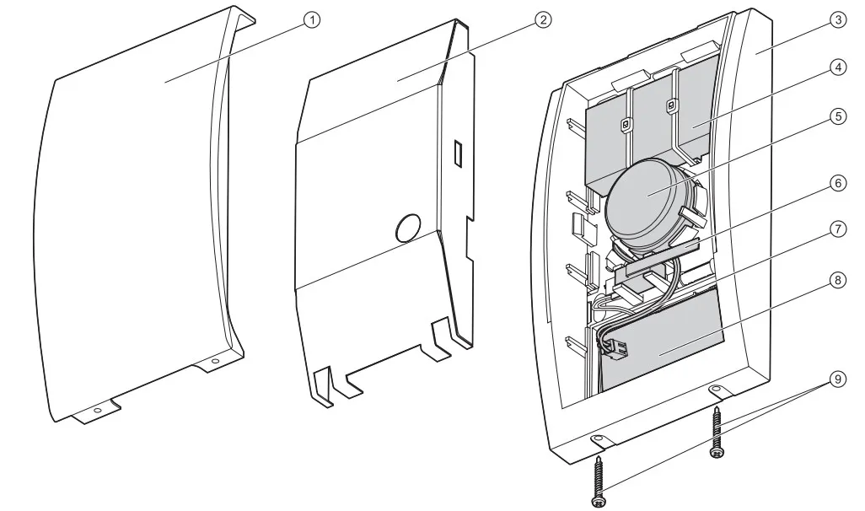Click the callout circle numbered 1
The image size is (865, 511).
(312, 20)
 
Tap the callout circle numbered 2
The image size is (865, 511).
(543, 20)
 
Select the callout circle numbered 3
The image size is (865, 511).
(838, 20)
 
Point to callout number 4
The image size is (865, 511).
(838, 67)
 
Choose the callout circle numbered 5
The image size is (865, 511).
(838, 116)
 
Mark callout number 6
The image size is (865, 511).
(838, 183)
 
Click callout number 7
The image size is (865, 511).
(838, 229)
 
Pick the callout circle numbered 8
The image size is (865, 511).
(838, 280)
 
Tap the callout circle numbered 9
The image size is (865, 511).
(838, 379)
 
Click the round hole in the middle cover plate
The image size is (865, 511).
(408, 228)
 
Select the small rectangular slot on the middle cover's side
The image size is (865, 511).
(458, 153)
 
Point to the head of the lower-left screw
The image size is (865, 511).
(598, 501)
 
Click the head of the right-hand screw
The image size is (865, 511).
(717, 453)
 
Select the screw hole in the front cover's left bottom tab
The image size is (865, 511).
(98, 411)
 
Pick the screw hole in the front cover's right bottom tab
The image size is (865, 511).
(215, 362)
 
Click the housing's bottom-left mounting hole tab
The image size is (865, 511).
(599, 440)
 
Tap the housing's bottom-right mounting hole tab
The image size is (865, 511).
(718, 390)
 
